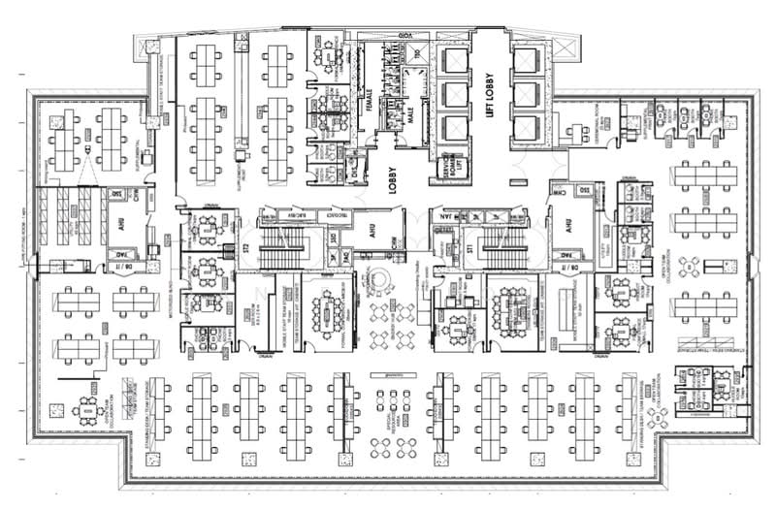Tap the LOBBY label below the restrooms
click(x=395, y=179)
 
